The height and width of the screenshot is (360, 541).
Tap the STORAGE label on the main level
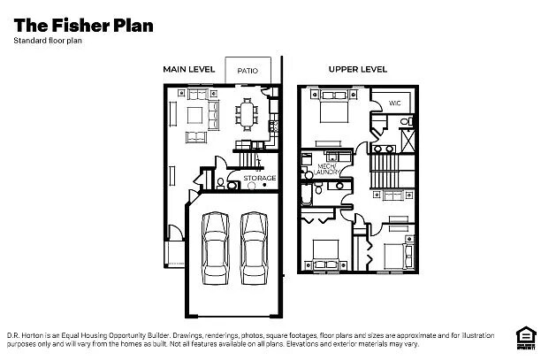point(260,179)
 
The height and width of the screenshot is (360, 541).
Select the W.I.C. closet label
point(395,103)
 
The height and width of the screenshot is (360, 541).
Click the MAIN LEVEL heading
point(189,69)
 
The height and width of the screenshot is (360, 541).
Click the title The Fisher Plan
point(83,24)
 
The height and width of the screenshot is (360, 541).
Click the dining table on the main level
point(247,113)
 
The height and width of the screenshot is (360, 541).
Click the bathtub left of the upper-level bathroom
point(305,189)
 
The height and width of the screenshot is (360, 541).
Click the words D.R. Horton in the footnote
point(28,335)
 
